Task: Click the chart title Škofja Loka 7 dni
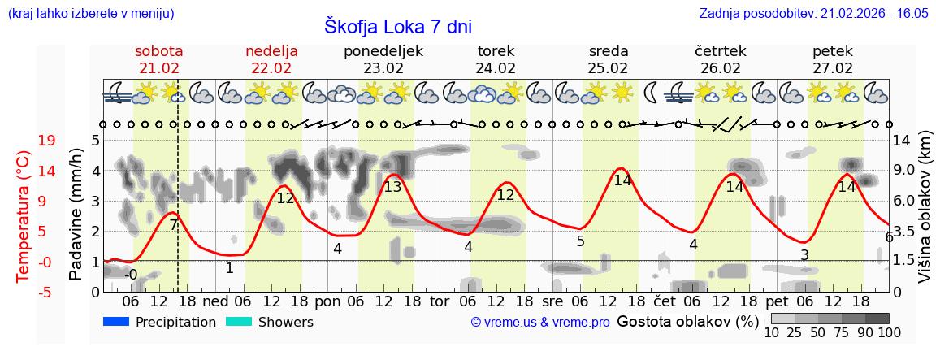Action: pyautogui.click(x=397, y=26)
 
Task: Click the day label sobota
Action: pyautogui.click(x=159, y=51)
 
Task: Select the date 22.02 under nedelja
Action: pyautogui.click(x=271, y=68)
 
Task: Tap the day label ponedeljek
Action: pyautogui.click(x=383, y=51)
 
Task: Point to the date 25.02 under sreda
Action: pyautogui.click(x=609, y=68)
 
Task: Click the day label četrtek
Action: pyautogui.click(x=721, y=51)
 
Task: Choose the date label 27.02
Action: pyautogui.click(x=833, y=68)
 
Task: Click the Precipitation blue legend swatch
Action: pyautogui.click(x=117, y=322)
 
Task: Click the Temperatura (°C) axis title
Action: pyautogui.click(x=24, y=215)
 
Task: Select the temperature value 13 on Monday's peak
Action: pyautogui.click(x=392, y=187)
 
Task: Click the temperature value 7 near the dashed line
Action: pyautogui.click(x=173, y=225)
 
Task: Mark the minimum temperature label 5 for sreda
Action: pyautogui.click(x=580, y=241)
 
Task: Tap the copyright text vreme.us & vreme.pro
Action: pyautogui.click(x=540, y=323)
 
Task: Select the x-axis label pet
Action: pyautogui.click(x=776, y=300)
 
